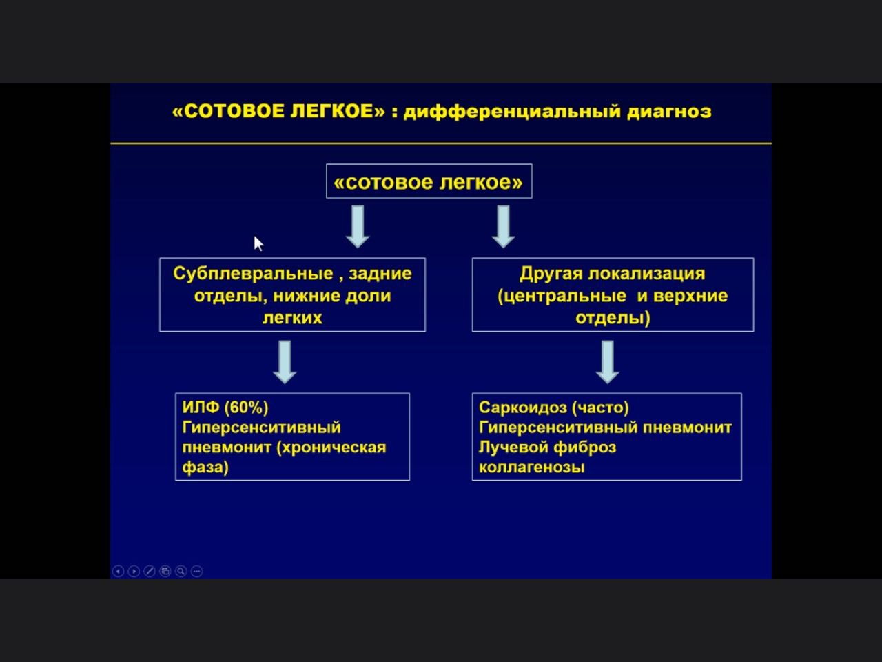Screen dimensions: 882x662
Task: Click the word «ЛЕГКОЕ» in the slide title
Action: [x=338, y=111]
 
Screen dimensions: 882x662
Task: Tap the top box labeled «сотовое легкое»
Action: [x=429, y=181]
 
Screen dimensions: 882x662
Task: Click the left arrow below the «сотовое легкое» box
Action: [x=358, y=227]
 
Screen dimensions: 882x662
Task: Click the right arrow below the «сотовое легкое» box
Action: [x=504, y=227]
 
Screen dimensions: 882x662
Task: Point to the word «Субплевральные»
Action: [x=253, y=274]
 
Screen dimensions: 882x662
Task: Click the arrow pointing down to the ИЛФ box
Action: [x=285, y=362]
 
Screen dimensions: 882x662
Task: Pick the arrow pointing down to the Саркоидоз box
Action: [x=608, y=362]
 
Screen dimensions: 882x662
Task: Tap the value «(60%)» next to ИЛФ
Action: [x=246, y=408]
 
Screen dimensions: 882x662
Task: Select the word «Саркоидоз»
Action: [x=523, y=408]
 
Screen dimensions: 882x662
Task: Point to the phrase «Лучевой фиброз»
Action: [x=547, y=448]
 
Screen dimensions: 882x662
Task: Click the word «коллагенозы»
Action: [x=531, y=468]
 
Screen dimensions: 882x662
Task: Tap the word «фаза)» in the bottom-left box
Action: [x=205, y=468]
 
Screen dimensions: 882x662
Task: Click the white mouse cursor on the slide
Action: [x=258, y=243]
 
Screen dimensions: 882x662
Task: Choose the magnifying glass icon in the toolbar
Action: [x=181, y=571]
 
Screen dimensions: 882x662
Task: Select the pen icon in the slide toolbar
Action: [x=150, y=571]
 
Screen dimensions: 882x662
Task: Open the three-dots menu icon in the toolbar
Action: [x=197, y=571]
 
